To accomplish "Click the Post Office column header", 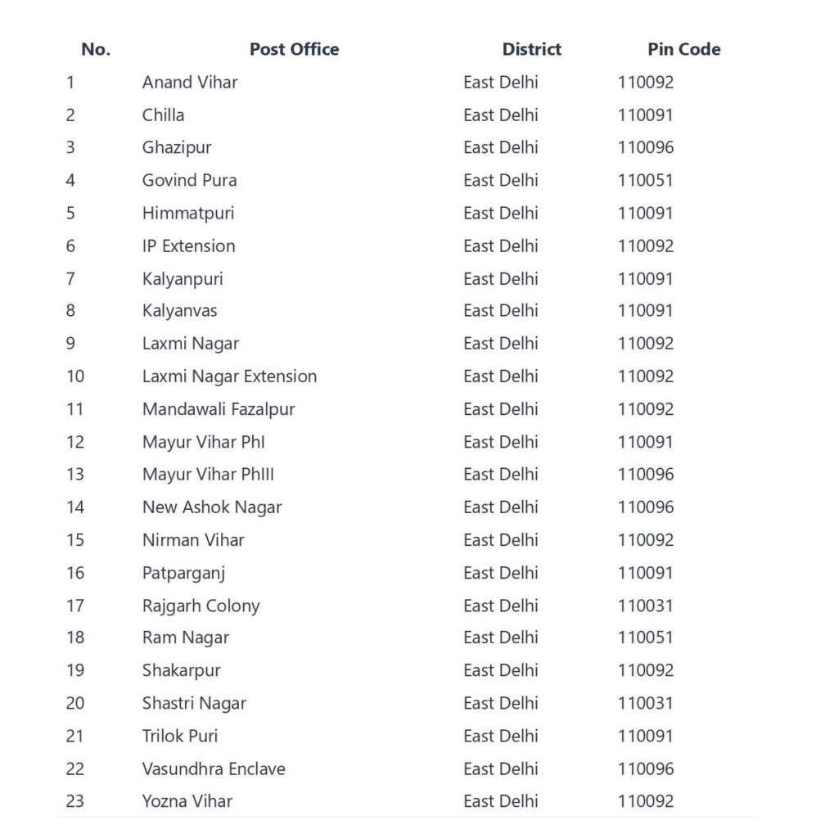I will (294, 49).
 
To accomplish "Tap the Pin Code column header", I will (683, 49).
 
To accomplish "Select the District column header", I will (531, 49).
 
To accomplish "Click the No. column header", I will (96, 49).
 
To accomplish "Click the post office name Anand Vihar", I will (190, 82).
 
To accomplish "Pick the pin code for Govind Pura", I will (645, 180).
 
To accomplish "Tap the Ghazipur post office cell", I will (177, 147).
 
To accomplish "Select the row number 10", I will (75, 376).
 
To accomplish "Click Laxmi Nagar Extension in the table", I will (229, 376).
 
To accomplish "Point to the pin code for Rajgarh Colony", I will (645, 606).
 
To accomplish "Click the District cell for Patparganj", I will (500, 573).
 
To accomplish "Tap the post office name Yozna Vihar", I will (187, 801).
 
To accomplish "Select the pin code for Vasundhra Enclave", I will (645, 768).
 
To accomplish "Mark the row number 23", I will (75, 801).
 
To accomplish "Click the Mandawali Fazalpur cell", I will (219, 409).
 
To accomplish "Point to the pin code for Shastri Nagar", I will (645, 703).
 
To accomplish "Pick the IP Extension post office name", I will (188, 246).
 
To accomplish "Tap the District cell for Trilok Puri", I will (500, 736).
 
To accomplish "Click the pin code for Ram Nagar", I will (645, 638).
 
